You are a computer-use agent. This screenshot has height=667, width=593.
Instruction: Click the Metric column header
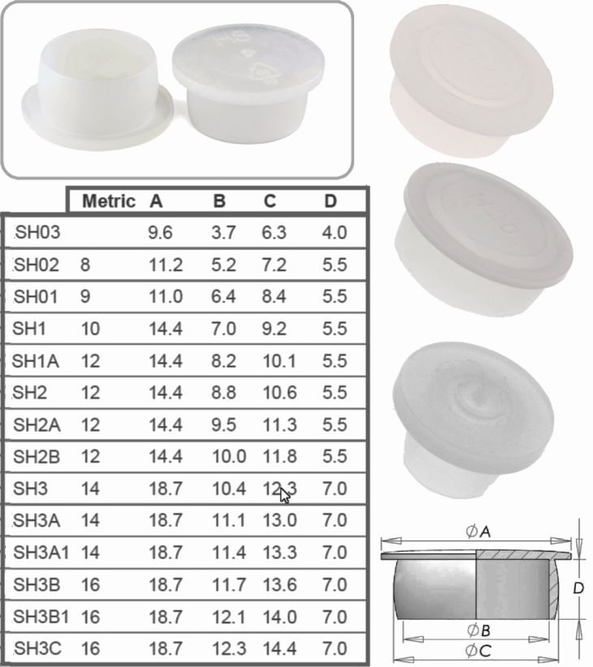click(x=108, y=201)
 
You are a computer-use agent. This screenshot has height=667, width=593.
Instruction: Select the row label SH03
click(x=37, y=233)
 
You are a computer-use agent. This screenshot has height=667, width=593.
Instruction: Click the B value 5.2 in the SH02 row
click(x=223, y=265)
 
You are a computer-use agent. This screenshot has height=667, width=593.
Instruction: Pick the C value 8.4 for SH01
click(x=274, y=297)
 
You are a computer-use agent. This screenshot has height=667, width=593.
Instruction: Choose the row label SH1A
click(x=38, y=361)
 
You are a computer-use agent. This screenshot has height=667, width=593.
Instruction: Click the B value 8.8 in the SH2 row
click(x=223, y=393)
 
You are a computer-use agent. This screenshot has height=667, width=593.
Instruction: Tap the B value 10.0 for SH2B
click(x=227, y=457)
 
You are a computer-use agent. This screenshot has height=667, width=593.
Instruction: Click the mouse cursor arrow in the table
click(x=284, y=493)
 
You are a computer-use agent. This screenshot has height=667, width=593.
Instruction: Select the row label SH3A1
click(x=41, y=553)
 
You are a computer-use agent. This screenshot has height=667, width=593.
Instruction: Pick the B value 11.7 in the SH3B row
click(x=227, y=585)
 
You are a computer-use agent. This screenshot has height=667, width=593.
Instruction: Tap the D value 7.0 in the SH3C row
click(x=334, y=649)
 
